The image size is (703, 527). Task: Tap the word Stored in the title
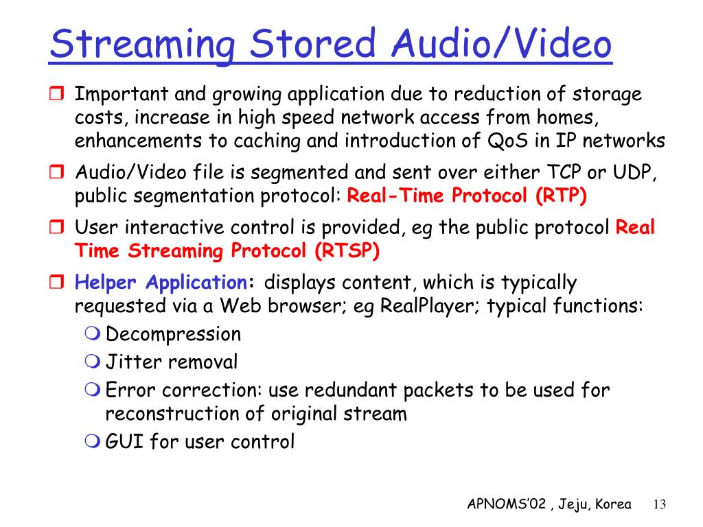[x=312, y=43]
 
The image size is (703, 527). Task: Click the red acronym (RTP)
[x=561, y=196]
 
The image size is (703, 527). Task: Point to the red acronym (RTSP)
[x=347, y=250]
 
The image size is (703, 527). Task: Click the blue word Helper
[x=105, y=283]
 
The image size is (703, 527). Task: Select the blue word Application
[x=197, y=283]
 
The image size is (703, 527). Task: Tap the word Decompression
[x=173, y=335]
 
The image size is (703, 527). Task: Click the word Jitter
[x=133, y=362]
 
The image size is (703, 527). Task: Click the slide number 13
[x=660, y=504]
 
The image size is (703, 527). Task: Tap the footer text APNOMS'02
[x=507, y=504]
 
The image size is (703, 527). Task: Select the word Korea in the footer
[x=613, y=504]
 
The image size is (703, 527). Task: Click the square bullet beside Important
[x=56, y=93]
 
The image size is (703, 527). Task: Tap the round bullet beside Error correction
[x=93, y=389]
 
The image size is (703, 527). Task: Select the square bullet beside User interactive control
[x=56, y=226]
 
